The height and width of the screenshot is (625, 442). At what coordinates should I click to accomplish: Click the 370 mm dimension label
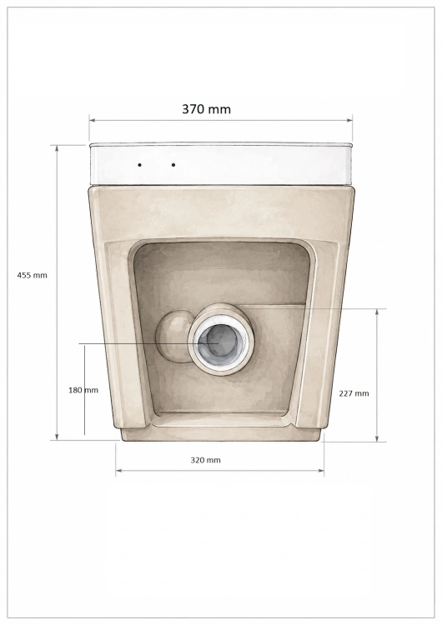206,109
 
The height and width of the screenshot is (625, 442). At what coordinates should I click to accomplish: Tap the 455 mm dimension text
32,275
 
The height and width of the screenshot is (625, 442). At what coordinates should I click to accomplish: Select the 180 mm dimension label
83,390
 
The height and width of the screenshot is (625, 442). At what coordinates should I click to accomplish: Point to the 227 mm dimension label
354,393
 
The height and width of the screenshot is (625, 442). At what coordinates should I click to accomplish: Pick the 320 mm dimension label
205,460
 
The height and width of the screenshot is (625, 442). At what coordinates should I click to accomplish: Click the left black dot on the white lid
139,165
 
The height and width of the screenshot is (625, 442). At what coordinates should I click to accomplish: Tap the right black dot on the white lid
173,165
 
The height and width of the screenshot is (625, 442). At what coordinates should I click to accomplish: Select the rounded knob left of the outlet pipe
173,336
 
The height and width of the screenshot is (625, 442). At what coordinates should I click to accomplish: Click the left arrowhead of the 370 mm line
92,119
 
